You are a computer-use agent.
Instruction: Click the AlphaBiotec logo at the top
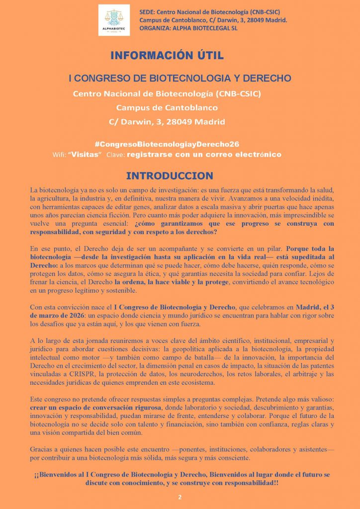pyautogui.click(x=114, y=20)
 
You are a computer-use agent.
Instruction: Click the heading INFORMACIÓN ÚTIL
pyautogui.click(x=170, y=55)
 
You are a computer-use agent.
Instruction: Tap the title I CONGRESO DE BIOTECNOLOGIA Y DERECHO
pyautogui.click(x=180, y=79)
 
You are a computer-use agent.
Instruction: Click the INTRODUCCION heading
pyautogui.click(x=170, y=176)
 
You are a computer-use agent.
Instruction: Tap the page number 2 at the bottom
pyautogui.click(x=180, y=497)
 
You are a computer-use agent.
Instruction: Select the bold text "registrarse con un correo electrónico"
pyautogui.click(x=204, y=155)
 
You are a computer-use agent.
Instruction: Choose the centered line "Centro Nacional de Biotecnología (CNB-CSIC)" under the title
pyautogui.click(x=167, y=93)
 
